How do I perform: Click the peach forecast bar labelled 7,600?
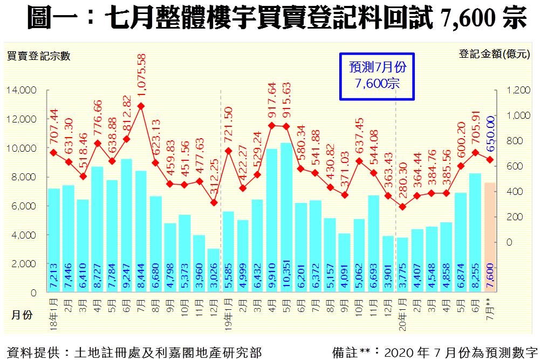(x=491, y=237)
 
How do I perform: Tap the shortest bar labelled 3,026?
(x=214, y=270)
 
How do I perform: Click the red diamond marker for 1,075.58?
(x=141, y=106)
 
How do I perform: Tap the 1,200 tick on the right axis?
(x=519, y=90)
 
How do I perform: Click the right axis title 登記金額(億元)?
(x=494, y=54)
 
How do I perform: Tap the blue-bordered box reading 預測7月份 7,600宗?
(x=377, y=76)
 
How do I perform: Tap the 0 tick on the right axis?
(x=508, y=242)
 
